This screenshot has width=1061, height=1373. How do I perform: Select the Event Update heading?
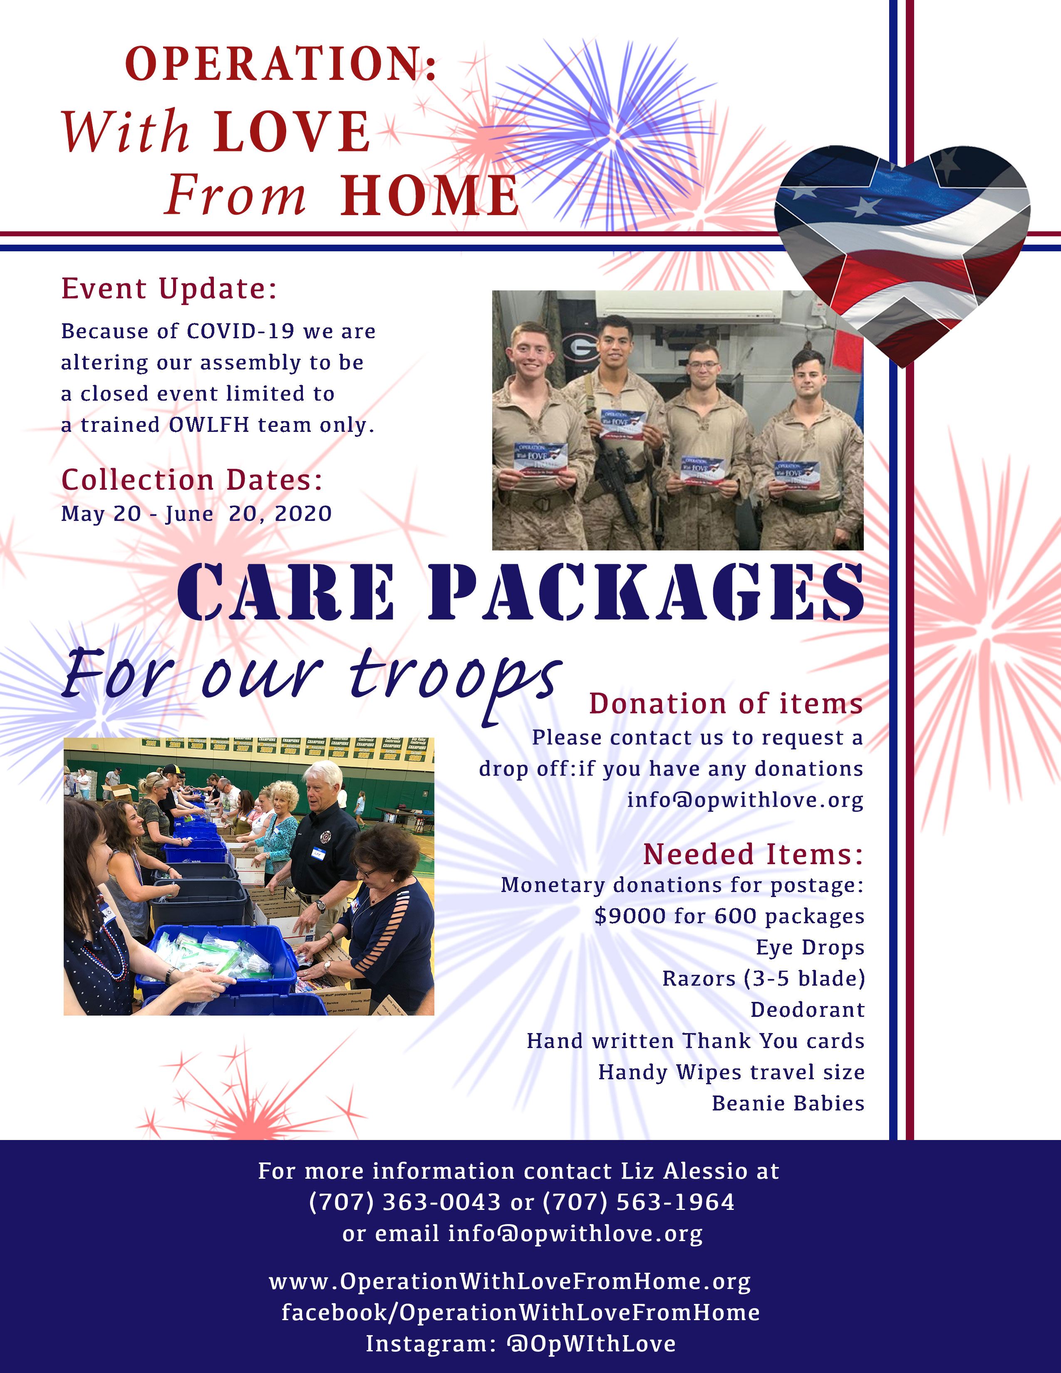[169, 289]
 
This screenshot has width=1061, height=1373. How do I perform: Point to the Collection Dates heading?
[192, 480]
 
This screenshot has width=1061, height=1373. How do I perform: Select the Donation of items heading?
[726, 704]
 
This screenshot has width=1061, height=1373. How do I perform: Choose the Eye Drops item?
[810, 947]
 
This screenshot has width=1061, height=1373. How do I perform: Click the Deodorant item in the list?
[808, 1010]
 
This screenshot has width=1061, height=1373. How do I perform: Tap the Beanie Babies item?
[788, 1103]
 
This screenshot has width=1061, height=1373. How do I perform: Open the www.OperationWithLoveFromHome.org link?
[510, 1281]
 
